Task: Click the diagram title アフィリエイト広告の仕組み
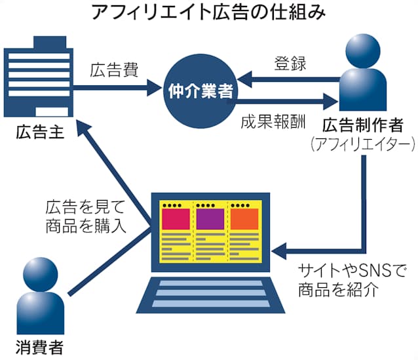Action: tap(209, 12)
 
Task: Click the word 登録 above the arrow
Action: tap(288, 64)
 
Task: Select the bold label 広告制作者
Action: tap(362, 124)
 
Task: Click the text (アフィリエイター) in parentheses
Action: tap(362, 143)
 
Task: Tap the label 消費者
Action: tap(41, 345)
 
